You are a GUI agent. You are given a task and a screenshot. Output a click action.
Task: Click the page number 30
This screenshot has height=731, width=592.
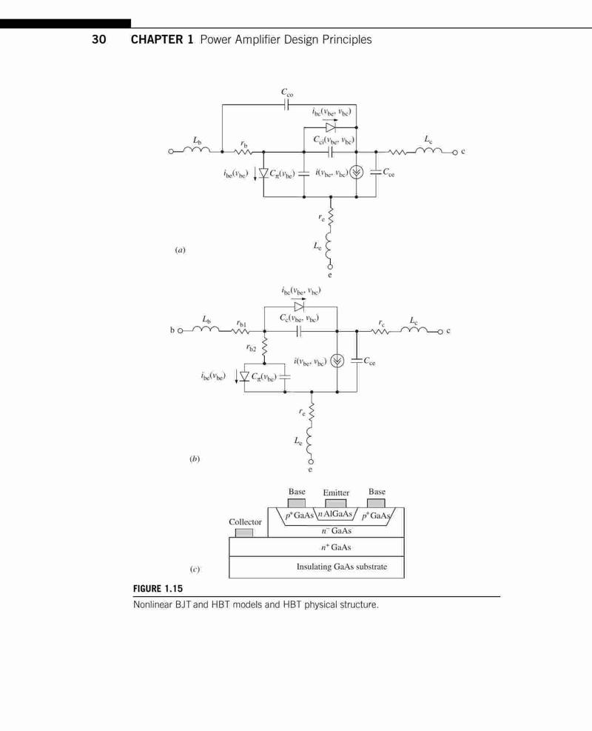point(98,40)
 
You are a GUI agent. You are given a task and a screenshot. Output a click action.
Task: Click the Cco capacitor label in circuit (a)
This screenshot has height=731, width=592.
point(287,93)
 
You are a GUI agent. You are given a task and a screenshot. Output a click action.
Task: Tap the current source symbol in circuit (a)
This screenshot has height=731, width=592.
point(357,173)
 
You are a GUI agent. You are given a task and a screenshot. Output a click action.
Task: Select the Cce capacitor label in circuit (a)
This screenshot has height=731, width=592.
point(388,173)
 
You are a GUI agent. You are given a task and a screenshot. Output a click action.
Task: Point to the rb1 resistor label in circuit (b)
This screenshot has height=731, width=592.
point(241,323)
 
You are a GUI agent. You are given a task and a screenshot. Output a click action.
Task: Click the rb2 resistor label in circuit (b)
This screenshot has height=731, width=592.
point(251,348)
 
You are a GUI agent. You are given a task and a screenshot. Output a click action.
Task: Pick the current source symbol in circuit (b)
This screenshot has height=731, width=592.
point(337,361)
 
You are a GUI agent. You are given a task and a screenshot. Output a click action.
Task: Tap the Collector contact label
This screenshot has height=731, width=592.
point(245,521)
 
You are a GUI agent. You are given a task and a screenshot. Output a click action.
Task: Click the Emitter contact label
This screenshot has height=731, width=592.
point(336,493)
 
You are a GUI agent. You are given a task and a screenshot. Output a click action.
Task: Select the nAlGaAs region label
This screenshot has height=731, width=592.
point(335,514)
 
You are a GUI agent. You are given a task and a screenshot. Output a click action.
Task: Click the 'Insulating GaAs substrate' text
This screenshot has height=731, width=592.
point(342,567)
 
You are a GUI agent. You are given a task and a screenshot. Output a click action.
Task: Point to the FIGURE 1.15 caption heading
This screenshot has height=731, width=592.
point(158,588)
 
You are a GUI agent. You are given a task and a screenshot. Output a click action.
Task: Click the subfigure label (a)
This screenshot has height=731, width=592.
point(180,250)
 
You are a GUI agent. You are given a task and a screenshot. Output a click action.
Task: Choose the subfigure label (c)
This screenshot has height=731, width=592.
point(195,569)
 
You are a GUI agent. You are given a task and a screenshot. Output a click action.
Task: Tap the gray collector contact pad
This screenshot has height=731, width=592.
point(244,533)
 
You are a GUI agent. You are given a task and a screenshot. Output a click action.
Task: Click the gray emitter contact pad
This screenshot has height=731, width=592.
point(335,504)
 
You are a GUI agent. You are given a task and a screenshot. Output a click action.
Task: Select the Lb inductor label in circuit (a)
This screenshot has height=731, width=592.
point(198,140)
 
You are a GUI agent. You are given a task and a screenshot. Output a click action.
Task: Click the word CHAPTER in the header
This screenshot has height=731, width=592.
point(157,40)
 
